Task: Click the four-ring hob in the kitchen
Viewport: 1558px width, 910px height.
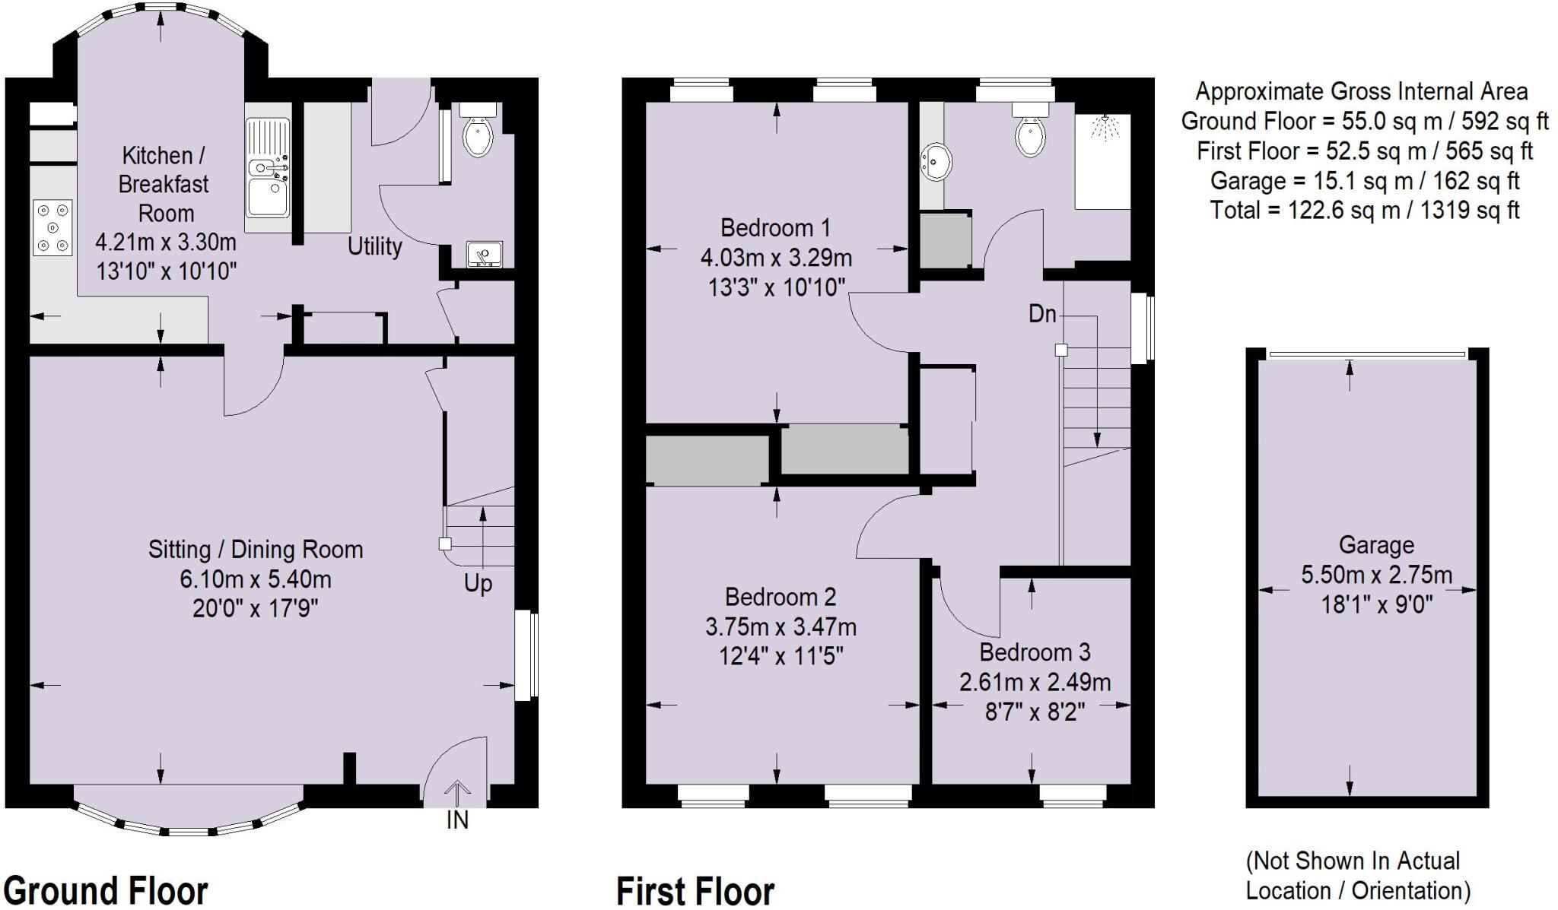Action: point(52,227)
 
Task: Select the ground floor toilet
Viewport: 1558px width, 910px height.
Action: point(479,133)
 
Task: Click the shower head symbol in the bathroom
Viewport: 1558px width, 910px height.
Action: point(1104,128)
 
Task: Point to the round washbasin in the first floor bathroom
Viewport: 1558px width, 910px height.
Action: point(936,162)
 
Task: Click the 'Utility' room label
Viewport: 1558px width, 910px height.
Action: point(374,246)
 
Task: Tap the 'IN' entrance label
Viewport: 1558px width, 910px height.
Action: point(457,820)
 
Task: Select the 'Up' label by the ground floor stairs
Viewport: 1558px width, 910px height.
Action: point(478,584)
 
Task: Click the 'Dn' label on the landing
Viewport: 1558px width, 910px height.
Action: point(1042,313)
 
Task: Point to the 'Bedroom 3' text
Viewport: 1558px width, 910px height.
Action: point(1035,652)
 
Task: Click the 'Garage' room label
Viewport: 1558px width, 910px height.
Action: point(1376,545)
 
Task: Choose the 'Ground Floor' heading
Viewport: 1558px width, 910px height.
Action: point(106,890)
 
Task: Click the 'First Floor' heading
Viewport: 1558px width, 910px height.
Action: point(695,891)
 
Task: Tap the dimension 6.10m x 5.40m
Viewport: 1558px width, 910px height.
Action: point(255,579)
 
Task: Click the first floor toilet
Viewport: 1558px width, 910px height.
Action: point(1030,134)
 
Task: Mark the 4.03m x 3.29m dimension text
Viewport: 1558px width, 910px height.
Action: point(776,258)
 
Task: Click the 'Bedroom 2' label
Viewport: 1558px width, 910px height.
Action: point(781,597)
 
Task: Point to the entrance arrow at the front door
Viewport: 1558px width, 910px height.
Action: point(457,792)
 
